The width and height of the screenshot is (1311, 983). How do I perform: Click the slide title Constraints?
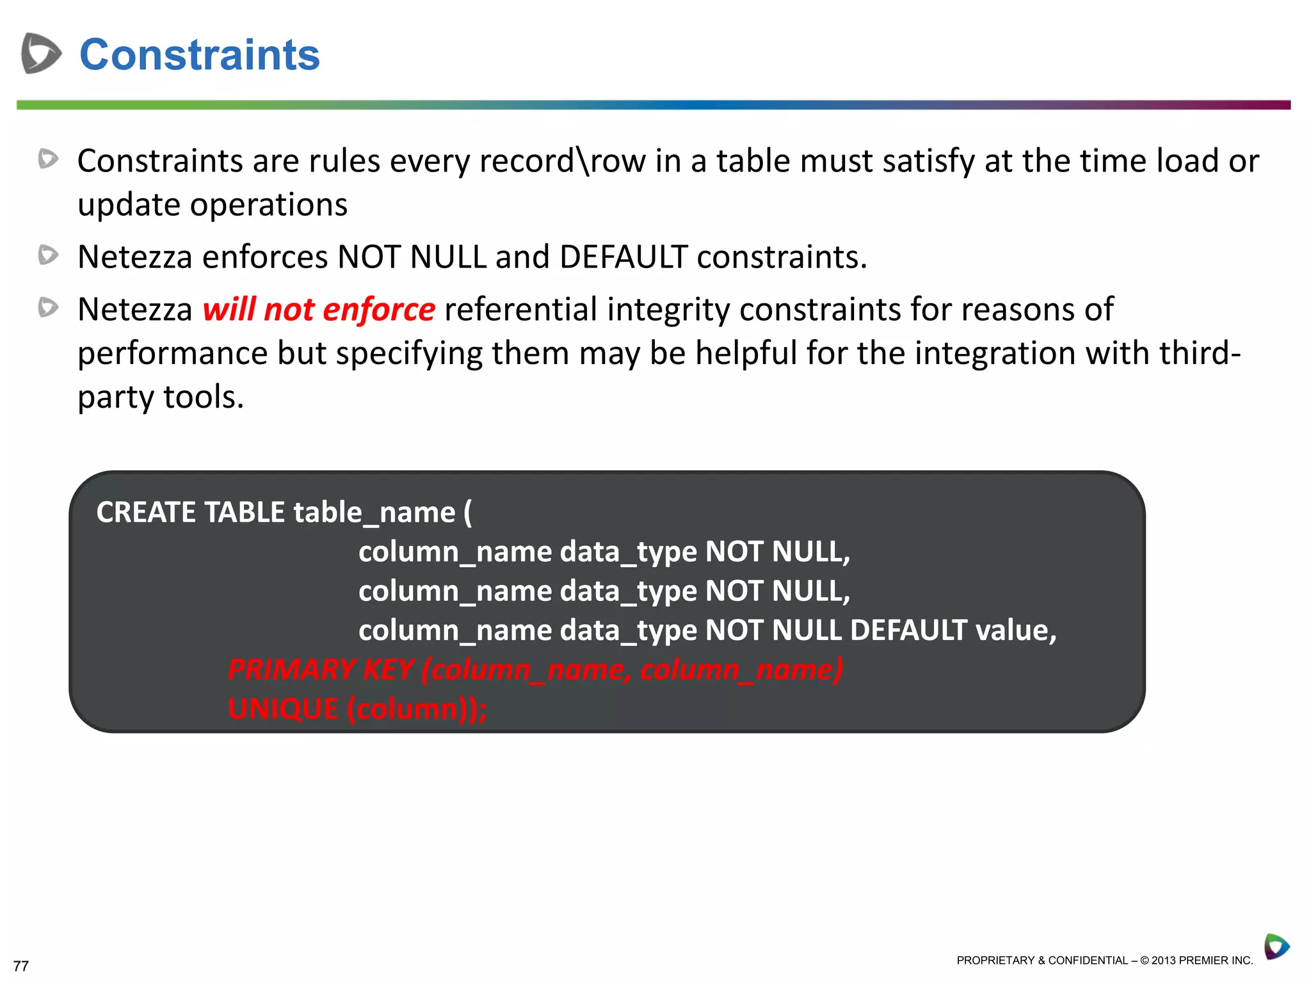[199, 55]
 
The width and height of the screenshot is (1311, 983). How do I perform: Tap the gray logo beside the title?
[41, 53]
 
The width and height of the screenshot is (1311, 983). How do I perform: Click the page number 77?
[21, 966]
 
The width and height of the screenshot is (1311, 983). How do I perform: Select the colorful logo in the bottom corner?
[1276, 947]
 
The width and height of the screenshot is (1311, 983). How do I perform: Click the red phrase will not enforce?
[319, 310]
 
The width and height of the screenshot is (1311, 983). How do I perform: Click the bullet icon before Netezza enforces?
[48, 255]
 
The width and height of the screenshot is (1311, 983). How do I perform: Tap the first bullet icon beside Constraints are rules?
[48, 159]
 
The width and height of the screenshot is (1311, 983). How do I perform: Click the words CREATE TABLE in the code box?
[190, 513]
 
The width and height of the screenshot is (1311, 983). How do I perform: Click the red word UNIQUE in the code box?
[283, 709]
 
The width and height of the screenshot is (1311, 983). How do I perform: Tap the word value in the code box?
[1015, 630]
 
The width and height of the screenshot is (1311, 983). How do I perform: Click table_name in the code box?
[374, 513]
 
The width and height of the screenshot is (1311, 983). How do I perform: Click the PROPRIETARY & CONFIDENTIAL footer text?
[1104, 961]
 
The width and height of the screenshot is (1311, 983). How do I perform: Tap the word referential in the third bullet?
[520, 310]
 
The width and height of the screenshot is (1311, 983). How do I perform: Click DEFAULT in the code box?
[908, 630]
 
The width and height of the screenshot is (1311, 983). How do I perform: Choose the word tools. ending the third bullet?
[204, 397]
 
